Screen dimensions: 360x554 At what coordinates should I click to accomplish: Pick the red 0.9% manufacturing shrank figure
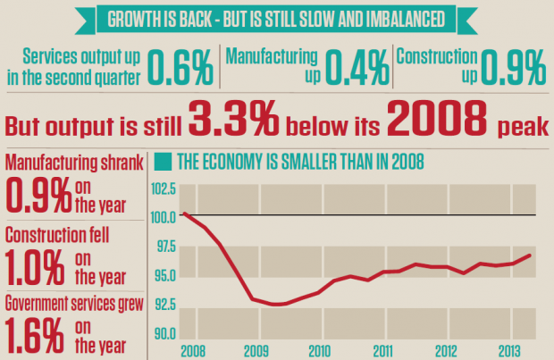[38, 194]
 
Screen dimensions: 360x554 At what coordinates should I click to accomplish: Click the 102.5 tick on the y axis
[164, 189]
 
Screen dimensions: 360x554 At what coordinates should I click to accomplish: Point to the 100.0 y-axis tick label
[164, 217]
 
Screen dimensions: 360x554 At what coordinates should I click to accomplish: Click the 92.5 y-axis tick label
[164, 304]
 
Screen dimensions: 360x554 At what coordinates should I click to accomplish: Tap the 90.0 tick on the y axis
[164, 334]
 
